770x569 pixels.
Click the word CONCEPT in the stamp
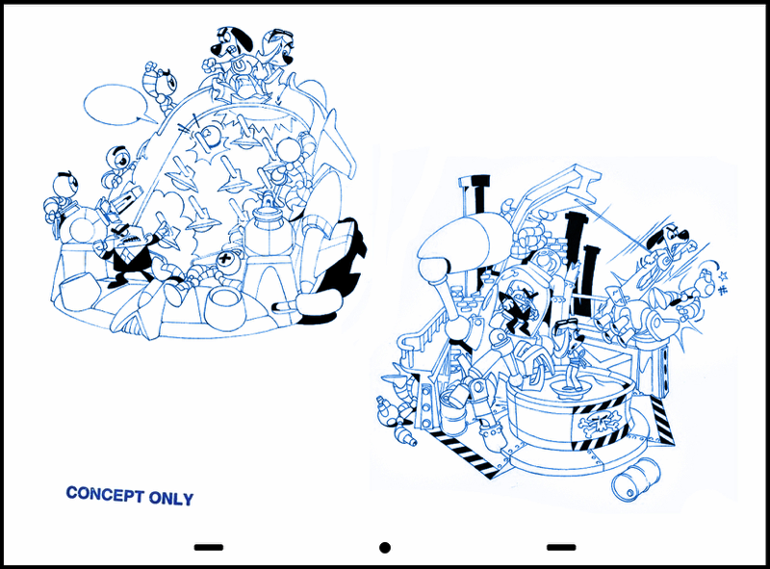pyautogui.click(x=105, y=494)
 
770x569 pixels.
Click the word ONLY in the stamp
pyautogui.click(x=171, y=499)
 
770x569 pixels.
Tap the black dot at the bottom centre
pyautogui.click(x=385, y=548)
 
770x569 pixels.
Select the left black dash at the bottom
pyautogui.click(x=209, y=547)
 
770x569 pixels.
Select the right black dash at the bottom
pyautogui.click(x=561, y=547)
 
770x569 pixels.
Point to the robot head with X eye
pyautogui.click(x=226, y=259)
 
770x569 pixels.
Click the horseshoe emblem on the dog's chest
pyautogui.click(x=239, y=66)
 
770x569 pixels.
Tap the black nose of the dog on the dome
pyautogui.click(x=215, y=48)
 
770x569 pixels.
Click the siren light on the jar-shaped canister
pyautogui.click(x=268, y=200)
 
